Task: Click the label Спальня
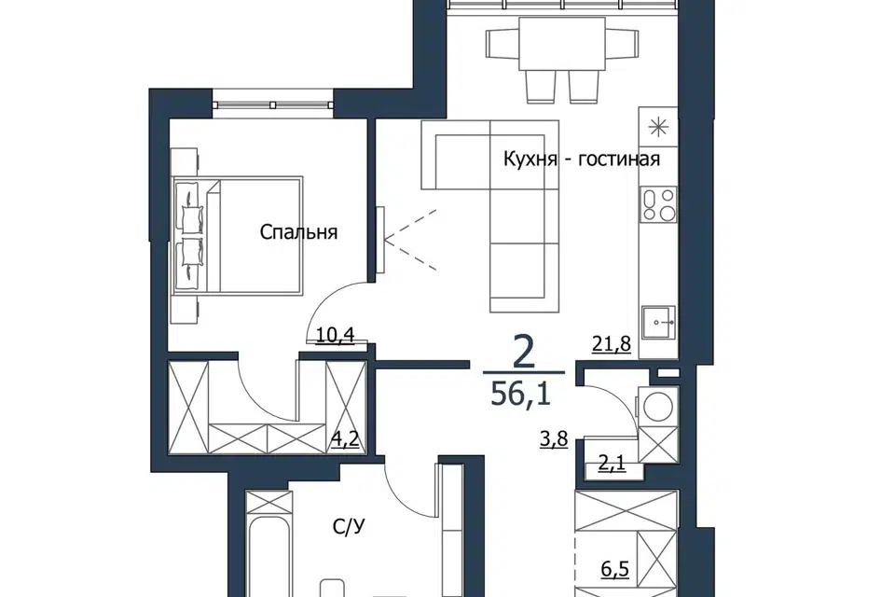pos(298,232)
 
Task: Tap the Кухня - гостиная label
pos(582,159)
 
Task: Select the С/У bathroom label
pos(348,527)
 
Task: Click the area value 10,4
pos(335,335)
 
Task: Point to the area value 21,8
pos(612,344)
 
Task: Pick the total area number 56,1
pos(520,393)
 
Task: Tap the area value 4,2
pos(346,440)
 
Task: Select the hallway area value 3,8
pos(554,440)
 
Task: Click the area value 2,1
pos(612,463)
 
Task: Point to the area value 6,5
pos(614,569)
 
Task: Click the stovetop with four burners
pos(659,204)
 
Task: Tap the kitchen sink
pos(658,323)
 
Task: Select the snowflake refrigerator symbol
pos(659,126)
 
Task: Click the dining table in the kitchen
pos(561,43)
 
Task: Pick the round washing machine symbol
pos(658,406)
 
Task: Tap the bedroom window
pos(273,104)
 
